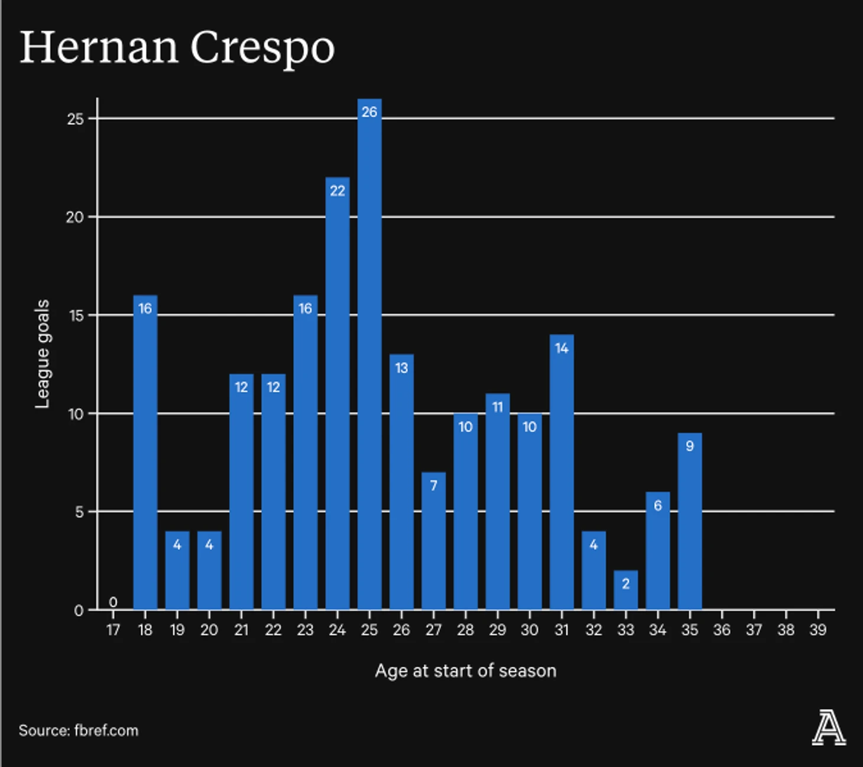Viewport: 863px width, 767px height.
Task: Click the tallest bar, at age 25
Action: coord(369,355)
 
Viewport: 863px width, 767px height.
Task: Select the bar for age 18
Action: coord(145,452)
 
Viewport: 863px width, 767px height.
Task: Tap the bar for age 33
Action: coord(625,591)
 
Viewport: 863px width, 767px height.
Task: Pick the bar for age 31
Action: coord(562,473)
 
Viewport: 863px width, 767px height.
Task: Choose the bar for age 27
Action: coord(433,541)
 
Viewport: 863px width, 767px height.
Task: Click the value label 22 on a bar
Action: coord(338,191)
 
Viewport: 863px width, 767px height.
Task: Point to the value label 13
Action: coord(401,368)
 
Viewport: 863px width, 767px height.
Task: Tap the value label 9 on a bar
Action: coord(689,446)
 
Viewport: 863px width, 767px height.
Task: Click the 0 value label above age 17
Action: coord(113,602)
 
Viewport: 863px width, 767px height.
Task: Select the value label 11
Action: coord(498,407)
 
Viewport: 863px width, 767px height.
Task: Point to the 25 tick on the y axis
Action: coord(76,119)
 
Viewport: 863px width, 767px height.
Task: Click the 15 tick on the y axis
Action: coord(76,316)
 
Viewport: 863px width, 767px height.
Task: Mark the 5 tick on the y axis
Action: coord(79,512)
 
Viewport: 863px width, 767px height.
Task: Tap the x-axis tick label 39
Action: coord(817,630)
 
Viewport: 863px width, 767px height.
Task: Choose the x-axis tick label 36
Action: coord(722,630)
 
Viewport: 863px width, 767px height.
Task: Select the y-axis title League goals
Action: coord(43,353)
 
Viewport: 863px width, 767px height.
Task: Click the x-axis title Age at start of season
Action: coord(466,671)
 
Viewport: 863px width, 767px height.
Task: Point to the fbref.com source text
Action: coord(106,730)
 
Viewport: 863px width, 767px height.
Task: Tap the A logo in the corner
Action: coord(829,729)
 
